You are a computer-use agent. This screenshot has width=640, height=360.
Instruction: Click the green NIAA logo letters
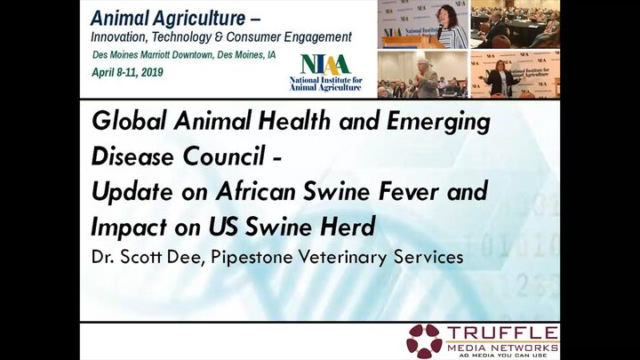[x=325, y=65]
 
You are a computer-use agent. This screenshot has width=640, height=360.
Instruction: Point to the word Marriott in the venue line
[x=155, y=55]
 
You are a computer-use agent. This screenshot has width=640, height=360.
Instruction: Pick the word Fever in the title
[x=409, y=191]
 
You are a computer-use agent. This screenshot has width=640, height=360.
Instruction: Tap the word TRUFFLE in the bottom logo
[x=502, y=332]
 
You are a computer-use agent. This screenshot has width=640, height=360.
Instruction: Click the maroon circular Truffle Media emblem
[x=425, y=341]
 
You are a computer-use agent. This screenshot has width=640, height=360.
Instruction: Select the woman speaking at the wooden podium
[x=452, y=28]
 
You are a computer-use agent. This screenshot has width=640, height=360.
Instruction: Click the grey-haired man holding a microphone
[x=425, y=78]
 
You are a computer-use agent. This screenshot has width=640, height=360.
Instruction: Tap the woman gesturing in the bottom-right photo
[x=501, y=78]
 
